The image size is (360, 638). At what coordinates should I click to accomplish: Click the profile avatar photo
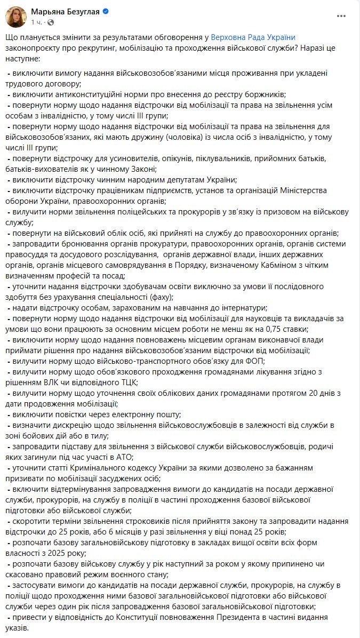(x=16, y=17)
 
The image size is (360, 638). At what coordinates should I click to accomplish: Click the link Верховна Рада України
(x=253, y=38)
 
